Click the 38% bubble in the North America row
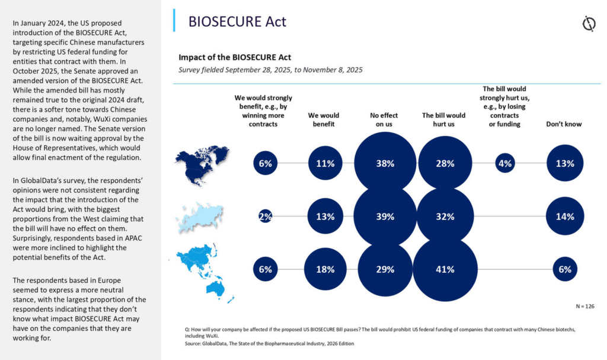pos(385,163)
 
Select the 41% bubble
pos(445,269)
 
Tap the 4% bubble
pos(505,163)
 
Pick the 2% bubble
pos(265,216)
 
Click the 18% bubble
pos(325,269)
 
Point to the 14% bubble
pos(565,216)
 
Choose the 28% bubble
pos(445,163)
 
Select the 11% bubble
pos(325,163)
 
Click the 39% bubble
pos(385,216)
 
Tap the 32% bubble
pos(445,216)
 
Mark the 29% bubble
pos(385,269)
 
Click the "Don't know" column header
pos(564,124)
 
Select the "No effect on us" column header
pos(384,120)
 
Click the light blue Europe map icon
pos(200,216)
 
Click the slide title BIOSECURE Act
pos(237,21)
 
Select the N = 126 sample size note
pos(584,306)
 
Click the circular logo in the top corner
pos(589,24)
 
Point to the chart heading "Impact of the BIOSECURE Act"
pos(235,58)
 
